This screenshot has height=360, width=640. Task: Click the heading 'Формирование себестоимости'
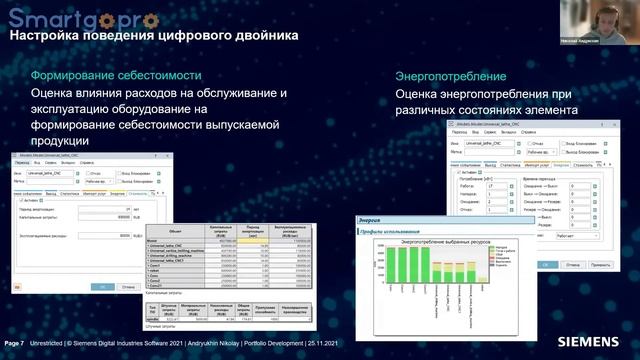coord(110,75)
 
